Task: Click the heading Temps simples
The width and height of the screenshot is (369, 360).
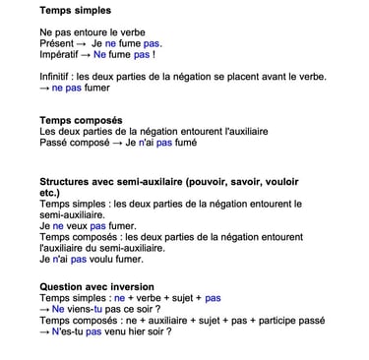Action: [75, 11]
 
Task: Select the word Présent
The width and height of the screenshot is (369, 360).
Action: [58, 43]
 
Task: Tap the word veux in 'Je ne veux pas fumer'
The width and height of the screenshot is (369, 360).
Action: [76, 226]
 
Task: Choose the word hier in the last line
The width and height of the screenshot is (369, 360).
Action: [135, 332]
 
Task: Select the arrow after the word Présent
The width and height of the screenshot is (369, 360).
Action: [93, 43]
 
